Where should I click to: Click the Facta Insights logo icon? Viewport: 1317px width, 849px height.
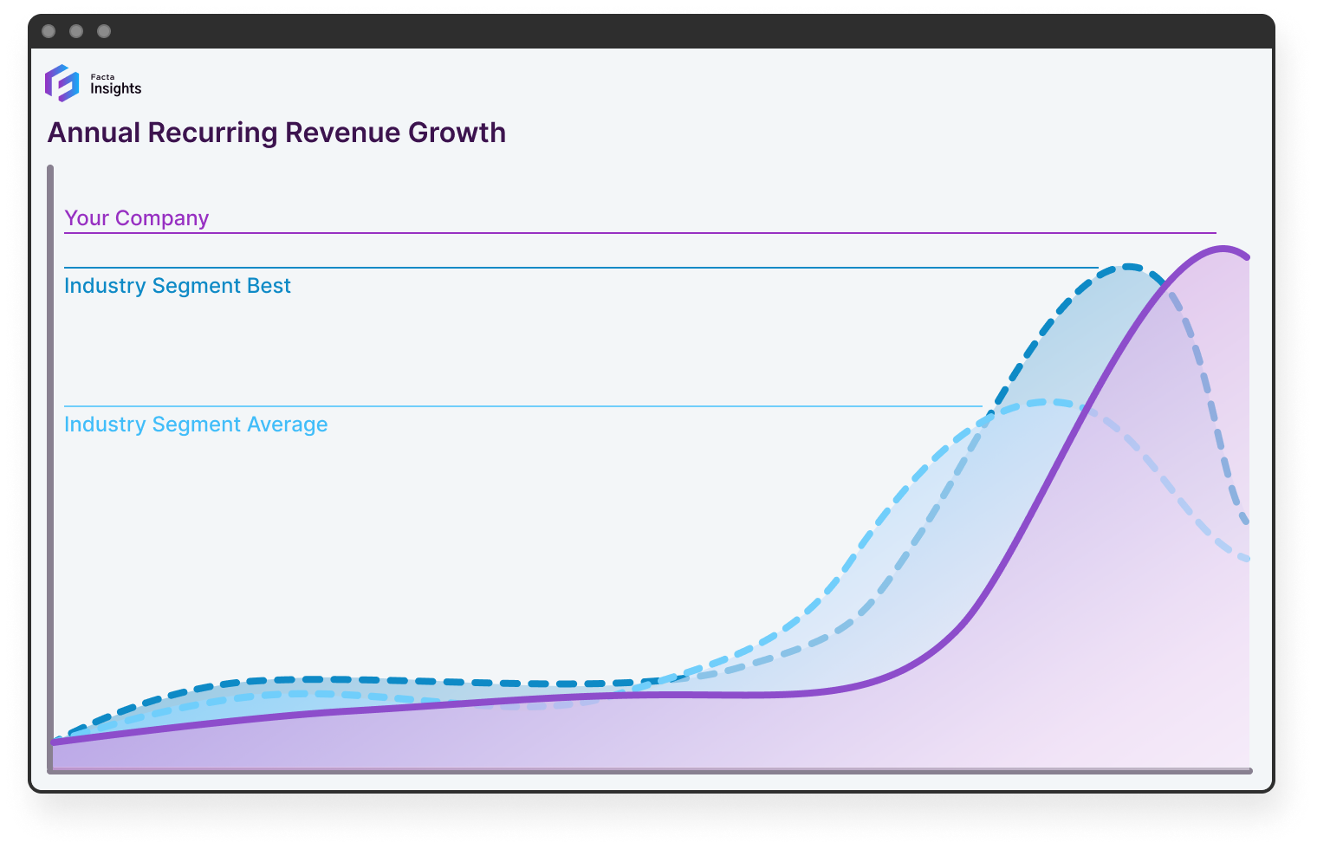click(x=62, y=83)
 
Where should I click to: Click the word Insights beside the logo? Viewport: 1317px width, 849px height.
click(x=115, y=88)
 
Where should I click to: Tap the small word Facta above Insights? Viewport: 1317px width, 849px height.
click(x=102, y=77)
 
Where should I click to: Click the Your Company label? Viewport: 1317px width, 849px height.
click(x=136, y=218)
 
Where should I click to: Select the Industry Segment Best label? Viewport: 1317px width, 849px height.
click(x=177, y=286)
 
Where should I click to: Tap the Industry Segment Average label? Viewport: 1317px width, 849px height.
click(x=196, y=424)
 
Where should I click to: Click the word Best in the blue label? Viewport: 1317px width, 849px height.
click(x=269, y=286)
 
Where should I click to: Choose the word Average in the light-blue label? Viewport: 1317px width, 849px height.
click(x=287, y=424)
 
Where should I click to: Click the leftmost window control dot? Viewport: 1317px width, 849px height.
click(x=49, y=31)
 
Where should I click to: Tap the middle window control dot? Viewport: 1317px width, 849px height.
click(x=76, y=31)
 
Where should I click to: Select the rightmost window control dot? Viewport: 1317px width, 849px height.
click(x=104, y=31)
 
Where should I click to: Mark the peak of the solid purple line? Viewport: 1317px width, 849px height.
click(x=1223, y=249)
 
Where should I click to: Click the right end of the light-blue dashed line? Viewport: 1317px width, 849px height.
click(x=1247, y=559)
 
